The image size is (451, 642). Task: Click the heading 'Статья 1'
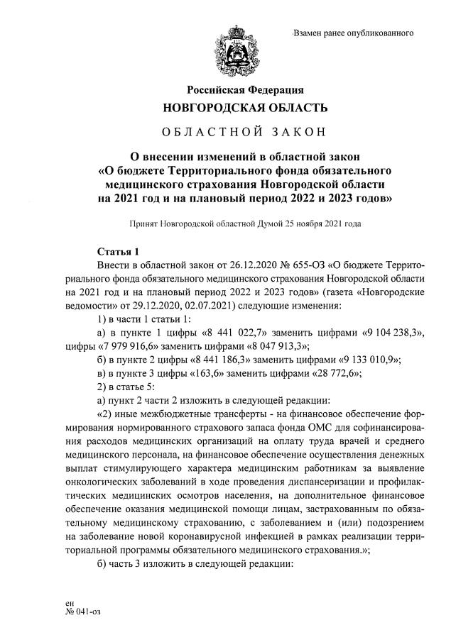118,253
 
